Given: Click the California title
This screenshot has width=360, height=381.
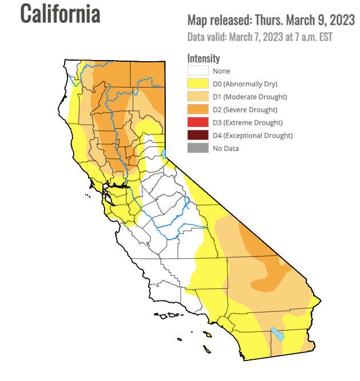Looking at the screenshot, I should (60, 14).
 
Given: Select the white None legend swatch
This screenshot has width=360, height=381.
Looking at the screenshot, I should (198, 71).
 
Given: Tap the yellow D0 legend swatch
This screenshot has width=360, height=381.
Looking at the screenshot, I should (198, 84).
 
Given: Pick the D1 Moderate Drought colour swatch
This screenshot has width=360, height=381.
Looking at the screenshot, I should (198, 97).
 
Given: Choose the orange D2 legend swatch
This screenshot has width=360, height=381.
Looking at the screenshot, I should (198, 109).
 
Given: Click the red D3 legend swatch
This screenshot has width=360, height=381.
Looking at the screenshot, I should (198, 122).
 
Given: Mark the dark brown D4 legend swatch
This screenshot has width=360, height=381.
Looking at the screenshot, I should (198, 135).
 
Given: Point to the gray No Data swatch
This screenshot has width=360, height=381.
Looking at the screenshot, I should (198, 148).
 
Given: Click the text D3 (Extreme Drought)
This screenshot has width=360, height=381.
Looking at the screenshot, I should (247, 122).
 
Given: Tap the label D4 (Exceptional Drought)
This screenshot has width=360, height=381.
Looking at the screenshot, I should (252, 136).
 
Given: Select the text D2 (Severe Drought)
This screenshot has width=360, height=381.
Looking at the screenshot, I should (245, 109).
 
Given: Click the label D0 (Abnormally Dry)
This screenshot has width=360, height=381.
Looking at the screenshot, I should (245, 84).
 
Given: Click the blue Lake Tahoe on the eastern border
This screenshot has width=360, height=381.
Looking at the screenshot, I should (164, 153).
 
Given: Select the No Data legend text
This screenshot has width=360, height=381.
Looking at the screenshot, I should (226, 148).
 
